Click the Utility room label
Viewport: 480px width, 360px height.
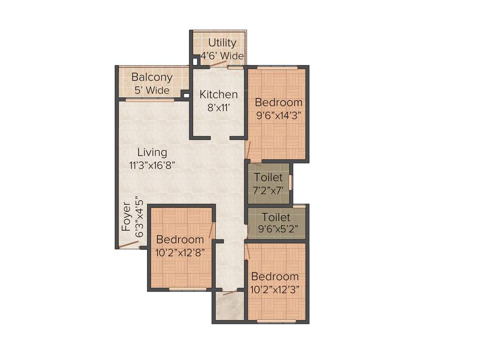222,43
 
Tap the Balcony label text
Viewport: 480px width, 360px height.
151,77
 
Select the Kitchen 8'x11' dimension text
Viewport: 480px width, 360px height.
218,107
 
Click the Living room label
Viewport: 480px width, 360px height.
152,152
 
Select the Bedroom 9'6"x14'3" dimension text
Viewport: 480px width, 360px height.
278,114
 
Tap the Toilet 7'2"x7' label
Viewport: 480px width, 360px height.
268,178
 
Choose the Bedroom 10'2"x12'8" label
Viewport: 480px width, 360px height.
180,240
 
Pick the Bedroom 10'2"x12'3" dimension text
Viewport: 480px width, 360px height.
275,289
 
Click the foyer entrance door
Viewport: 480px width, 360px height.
128,245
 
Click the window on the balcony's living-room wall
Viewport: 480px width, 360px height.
150,99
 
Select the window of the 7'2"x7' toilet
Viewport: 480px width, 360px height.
290,182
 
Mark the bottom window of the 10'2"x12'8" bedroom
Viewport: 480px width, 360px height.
187,289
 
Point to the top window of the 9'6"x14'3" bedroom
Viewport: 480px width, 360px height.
277,67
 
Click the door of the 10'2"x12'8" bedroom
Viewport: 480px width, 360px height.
211,230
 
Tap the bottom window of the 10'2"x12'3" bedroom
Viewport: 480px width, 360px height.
277,321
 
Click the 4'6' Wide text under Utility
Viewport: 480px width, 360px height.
222,56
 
